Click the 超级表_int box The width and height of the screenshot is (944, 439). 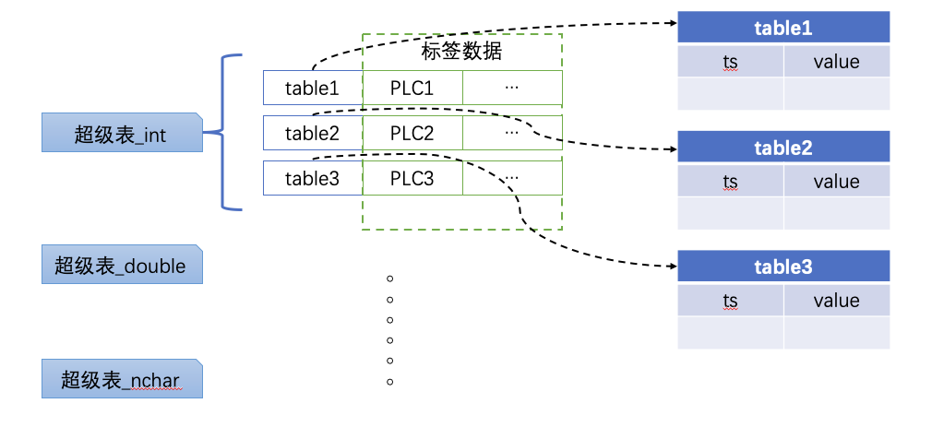pos(122,133)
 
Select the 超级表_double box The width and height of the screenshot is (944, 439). pos(122,265)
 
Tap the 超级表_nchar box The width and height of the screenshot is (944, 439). pos(122,379)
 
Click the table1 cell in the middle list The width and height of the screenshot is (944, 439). pos(312,88)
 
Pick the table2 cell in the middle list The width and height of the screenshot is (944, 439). pos(312,133)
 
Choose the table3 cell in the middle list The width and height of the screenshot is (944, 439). pos(312,178)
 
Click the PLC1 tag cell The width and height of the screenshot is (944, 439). pos(412,88)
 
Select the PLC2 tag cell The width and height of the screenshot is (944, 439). pos(412,133)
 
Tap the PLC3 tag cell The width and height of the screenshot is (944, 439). pos(412,178)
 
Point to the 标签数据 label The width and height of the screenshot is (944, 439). pos(461,52)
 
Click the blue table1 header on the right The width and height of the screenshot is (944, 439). pos(783,28)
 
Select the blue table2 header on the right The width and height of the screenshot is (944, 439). pos(783,147)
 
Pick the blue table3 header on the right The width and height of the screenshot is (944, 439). pos(783,267)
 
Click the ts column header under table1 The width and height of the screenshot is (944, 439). pos(731,62)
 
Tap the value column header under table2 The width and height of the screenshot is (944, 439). pos(836,181)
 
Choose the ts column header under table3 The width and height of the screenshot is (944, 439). pos(731,301)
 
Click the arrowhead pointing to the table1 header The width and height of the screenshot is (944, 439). pos(671,23)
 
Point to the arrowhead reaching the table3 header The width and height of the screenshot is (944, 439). pos(671,266)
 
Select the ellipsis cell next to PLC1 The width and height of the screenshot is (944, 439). pos(512,88)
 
